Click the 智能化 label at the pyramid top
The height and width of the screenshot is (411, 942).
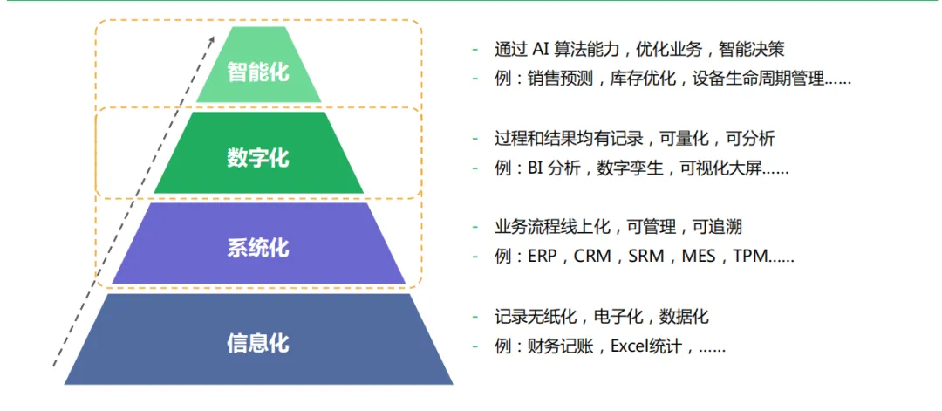[257, 72]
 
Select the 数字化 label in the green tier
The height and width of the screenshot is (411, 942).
[257, 158]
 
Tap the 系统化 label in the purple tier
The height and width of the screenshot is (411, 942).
[257, 248]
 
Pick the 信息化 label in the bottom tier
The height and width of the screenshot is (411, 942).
[257, 342]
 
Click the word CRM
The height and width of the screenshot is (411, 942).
[592, 257]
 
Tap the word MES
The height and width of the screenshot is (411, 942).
[698, 257]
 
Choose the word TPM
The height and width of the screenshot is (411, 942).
[750, 257]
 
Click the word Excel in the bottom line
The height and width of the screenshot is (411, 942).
[631, 346]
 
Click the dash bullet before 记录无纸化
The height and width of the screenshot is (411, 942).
[475, 317]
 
